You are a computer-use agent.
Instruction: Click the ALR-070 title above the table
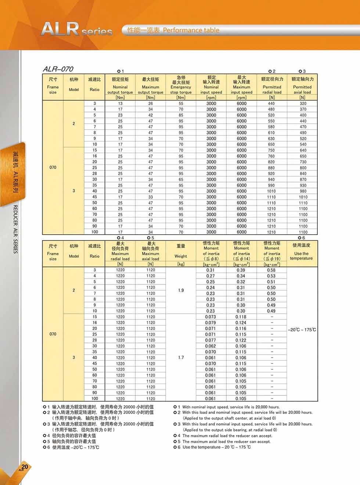coord(58,69)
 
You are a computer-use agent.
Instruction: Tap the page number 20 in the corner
coord(25,467)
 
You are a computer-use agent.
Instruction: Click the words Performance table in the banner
coord(191,30)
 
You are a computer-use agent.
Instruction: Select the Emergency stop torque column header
coord(181,87)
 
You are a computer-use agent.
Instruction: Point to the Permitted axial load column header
coord(302,87)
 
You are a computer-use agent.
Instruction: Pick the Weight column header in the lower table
coord(181,254)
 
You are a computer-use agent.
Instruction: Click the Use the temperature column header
coord(301,254)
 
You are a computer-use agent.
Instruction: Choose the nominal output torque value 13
coord(120,104)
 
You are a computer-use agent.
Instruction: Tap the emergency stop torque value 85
coord(181,115)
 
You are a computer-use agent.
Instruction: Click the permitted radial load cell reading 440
coord(271,104)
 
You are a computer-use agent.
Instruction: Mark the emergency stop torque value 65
coord(181,180)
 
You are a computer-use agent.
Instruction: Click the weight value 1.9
coord(181,290)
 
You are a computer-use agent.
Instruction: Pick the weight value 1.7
coord(181,358)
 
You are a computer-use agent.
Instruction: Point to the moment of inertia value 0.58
coord(271,270)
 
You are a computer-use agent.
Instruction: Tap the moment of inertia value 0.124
coord(241,323)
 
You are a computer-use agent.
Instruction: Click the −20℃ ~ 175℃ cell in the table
coord(302,330)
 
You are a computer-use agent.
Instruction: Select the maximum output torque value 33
coord(151,197)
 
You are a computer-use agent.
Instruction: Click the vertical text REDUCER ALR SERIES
coord(15,229)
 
